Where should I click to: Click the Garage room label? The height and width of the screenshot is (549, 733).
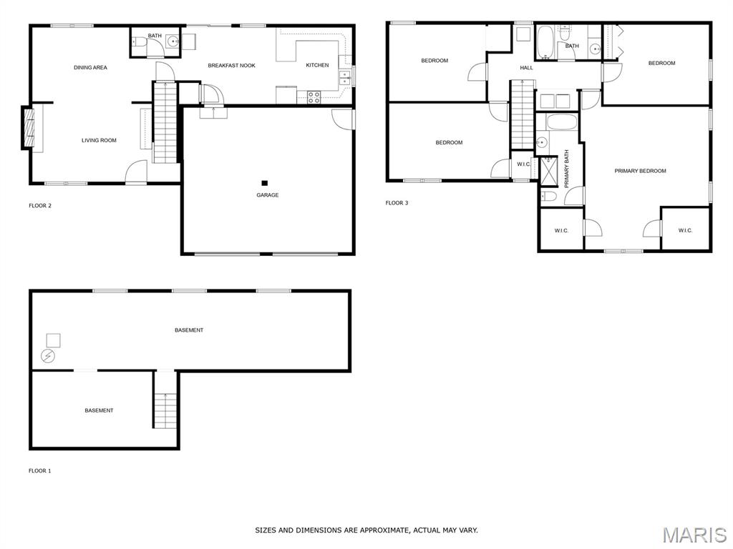tap(268, 195)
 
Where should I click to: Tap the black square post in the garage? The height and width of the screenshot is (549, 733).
tap(265, 183)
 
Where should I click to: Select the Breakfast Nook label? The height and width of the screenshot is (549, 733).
tap(231, 66)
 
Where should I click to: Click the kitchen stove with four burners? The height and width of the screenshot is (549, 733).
tap(314, 97)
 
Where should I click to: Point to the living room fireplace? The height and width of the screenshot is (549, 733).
tap(29, 129)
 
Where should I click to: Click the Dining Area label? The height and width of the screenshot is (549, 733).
tap(90, 68)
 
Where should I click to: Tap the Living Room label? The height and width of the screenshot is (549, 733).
tap(99, 141)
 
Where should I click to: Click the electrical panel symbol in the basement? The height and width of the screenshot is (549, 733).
tap(48, 356)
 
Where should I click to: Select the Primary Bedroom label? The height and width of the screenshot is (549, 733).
tap(640, 172)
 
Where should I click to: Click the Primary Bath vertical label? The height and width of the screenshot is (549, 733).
tap(567, 169)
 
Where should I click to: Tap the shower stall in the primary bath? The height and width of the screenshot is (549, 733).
tap(549, 172)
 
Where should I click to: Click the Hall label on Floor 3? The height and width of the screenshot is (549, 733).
tap(526, 68)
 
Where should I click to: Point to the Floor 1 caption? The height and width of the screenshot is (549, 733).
tap(40, 471)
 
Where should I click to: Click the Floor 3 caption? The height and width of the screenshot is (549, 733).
tap(397, 203)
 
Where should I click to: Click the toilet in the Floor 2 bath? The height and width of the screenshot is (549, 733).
tap(137, 42)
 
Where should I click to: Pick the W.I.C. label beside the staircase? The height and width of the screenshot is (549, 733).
tap(523, 164)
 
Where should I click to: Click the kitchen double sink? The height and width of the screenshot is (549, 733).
tap(345, 78)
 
